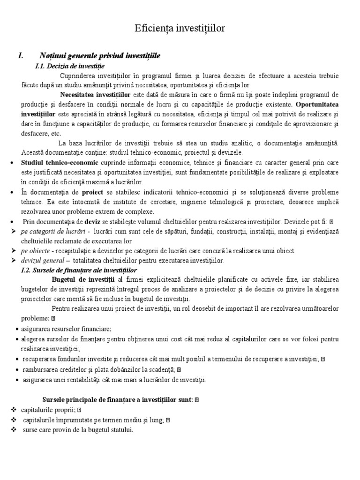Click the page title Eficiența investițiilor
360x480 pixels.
coord(180,29)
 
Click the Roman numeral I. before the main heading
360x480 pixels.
coord(21,56)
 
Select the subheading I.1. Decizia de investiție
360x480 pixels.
coord(70,66)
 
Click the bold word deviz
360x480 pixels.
coord(92,222)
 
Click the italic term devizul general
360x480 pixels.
coord(43,261)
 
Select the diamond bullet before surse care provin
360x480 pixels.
coord(13,429)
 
